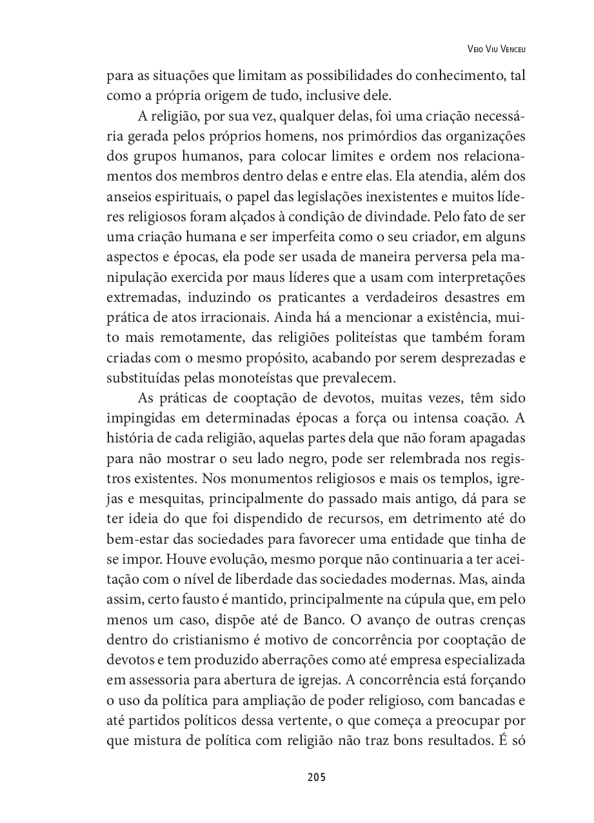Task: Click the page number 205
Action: click(317, 777)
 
